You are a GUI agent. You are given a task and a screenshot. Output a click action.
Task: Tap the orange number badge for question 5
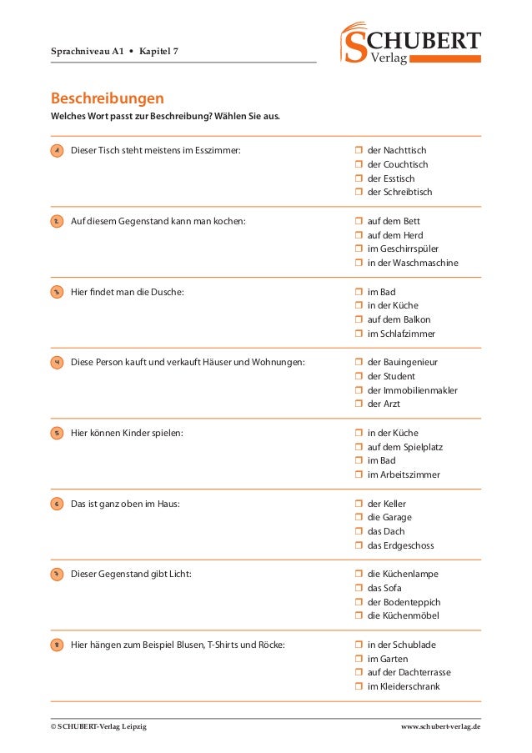(57, 434)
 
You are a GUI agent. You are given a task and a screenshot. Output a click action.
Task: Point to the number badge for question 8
(57, 645)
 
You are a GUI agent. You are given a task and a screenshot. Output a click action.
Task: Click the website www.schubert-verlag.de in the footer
(440, 727)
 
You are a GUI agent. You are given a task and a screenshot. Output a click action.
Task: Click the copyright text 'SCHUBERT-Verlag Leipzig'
(98, 727)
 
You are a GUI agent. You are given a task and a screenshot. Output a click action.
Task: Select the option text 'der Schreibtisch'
(399, 192)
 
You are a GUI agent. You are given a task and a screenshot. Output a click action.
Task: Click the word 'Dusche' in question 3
(166, 292)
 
